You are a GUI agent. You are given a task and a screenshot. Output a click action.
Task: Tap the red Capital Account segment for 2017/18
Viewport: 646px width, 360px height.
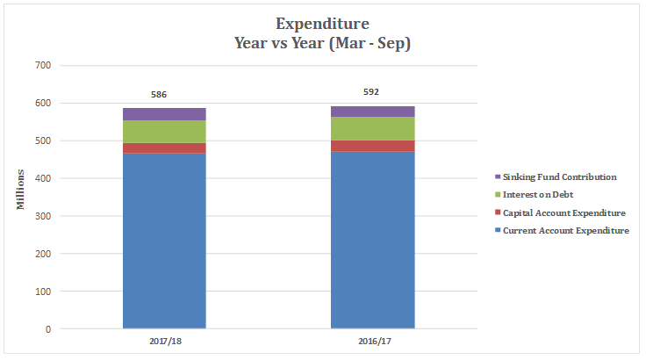point(164,148)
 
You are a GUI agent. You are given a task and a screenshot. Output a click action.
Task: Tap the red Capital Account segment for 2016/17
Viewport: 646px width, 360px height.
point(372,146)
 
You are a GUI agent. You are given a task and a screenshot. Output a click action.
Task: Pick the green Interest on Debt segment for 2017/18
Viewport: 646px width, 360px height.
point(164,132)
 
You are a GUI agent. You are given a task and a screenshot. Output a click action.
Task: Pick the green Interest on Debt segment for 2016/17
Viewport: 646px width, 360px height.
point(372,128)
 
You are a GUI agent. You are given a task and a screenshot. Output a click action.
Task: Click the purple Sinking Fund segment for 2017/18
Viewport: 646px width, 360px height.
point(164,114)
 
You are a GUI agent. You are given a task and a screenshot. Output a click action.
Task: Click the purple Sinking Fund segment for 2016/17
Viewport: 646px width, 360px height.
point(372,112)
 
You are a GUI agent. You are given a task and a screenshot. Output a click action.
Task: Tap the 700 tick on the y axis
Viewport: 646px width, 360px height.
point(43,65)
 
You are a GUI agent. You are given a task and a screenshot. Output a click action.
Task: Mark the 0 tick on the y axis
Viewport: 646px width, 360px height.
point(48,329)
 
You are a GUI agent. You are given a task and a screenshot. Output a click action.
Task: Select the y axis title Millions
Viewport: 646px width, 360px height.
point(18,197)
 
